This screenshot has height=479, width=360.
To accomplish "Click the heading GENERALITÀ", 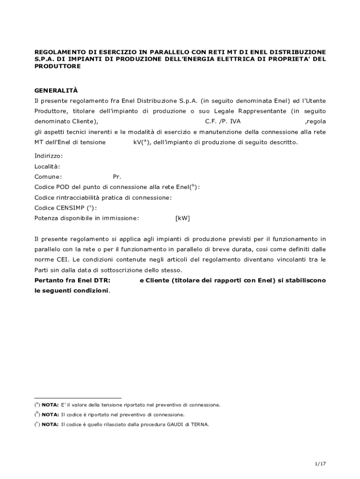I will coord(56,90).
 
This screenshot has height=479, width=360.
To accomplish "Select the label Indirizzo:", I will coord(49,156).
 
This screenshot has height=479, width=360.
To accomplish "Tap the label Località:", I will coord(47,166).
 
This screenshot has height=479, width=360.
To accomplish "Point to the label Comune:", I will coord(48,177).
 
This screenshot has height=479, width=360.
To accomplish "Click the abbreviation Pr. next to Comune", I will coord(117,177).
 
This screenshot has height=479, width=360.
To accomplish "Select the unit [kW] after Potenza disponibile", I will coord(182,218).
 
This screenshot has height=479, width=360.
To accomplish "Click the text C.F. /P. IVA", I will coord(223,122).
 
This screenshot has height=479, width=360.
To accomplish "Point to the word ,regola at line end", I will coord(315,122).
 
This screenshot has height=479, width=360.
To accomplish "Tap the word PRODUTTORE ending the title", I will coord(58,66).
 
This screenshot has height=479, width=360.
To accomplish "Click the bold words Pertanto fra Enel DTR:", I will coord(72,280).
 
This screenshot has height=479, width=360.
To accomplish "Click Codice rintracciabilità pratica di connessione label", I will coord(103,197).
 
